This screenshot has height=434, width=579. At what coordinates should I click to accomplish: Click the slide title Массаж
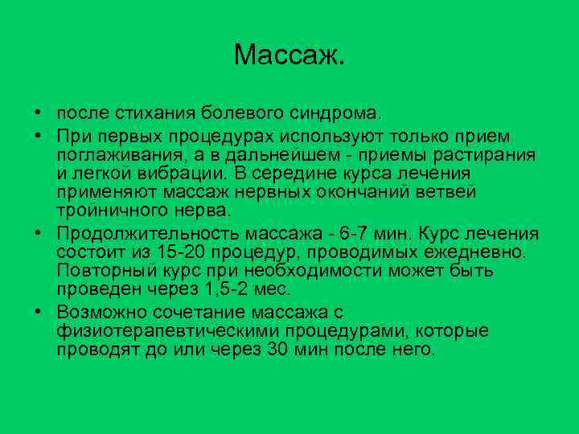(289, 55)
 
